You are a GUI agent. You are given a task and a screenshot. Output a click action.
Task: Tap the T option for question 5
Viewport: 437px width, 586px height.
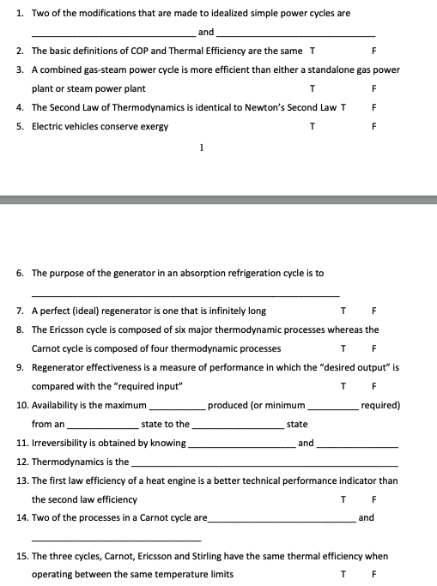(x=312, y=126)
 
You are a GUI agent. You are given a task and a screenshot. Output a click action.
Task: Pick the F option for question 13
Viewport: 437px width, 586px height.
(x=375, y=499)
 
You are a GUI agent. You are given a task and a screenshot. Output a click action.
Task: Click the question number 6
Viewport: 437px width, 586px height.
(x=21, y=273)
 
